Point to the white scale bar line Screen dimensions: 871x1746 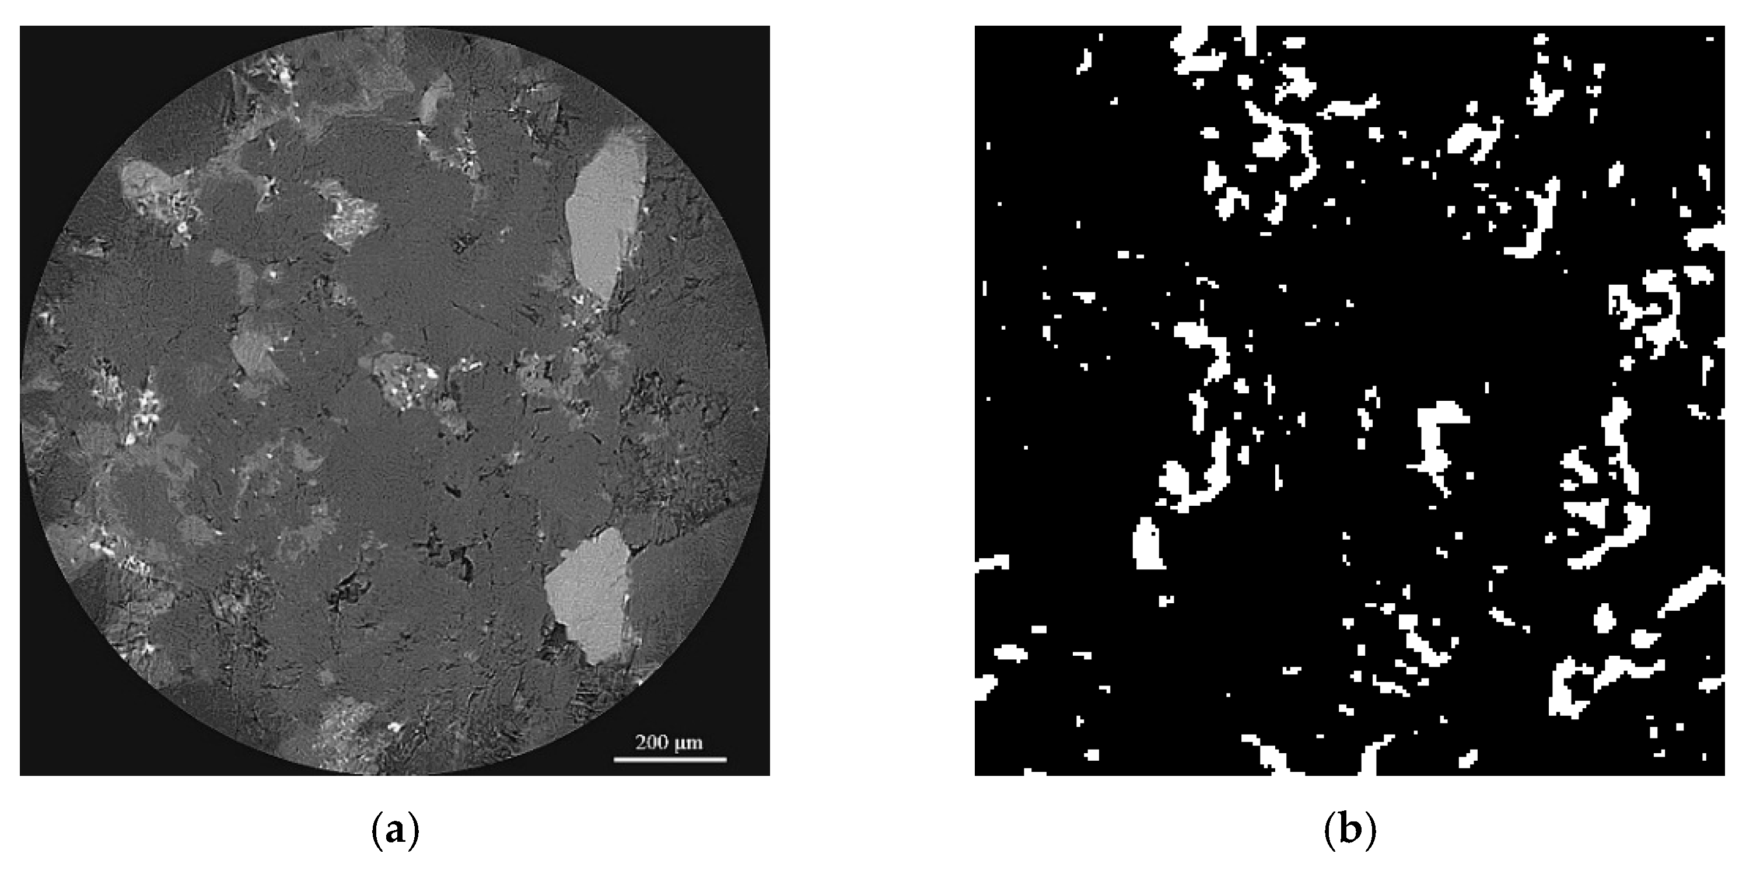[670, 759]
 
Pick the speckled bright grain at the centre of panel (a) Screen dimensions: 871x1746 [405, 380]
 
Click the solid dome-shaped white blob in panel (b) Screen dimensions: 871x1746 [1147, 544]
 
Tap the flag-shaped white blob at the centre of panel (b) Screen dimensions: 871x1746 [1437, 434]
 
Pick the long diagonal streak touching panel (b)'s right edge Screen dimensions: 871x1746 [1691, 591]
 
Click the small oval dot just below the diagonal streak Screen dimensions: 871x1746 [1604, 618]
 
